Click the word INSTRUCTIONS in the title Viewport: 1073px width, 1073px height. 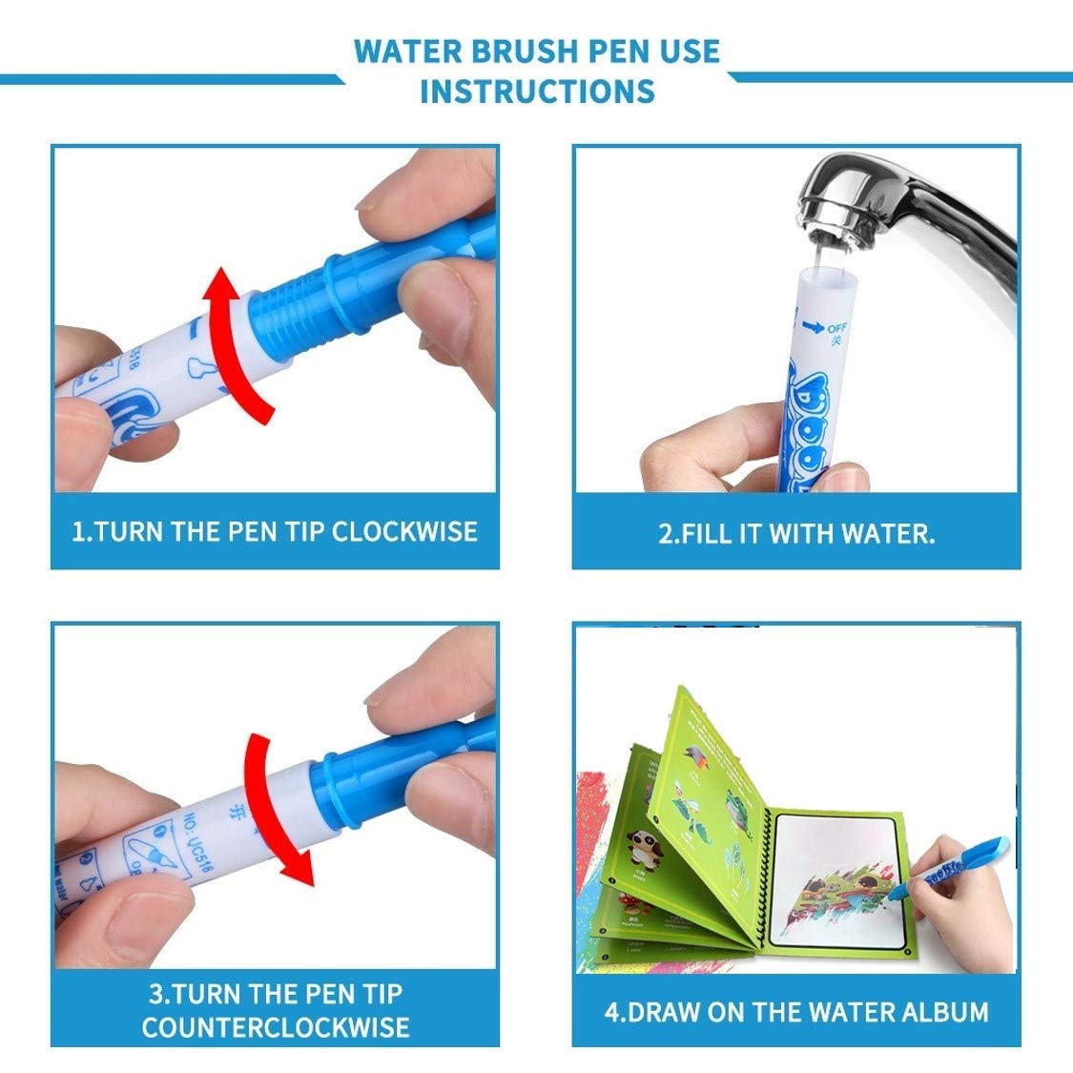(537, 92)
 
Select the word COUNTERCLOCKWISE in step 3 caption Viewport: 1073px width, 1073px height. (276, 1026)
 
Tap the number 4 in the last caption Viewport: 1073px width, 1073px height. (612, 1011)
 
